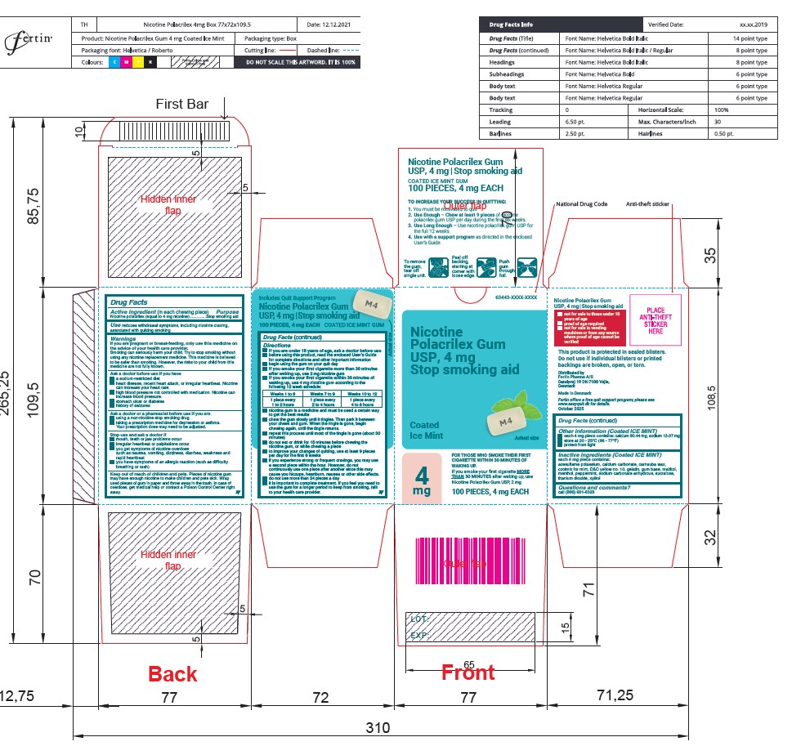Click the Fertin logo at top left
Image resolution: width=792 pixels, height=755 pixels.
click(x=29, y=39)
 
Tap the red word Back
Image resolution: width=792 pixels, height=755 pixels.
click(x=172, y=674)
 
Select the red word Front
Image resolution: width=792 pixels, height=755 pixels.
click(x=468, y=672)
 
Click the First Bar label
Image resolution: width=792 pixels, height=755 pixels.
click(x=182, y=104)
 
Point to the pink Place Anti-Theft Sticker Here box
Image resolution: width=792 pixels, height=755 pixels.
click(x=656, y=321)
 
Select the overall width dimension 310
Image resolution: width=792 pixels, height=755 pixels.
click(x=378, y=727)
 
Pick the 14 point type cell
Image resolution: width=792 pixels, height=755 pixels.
click(x=749, y=38)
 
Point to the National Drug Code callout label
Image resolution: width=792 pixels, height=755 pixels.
click(x=581, y=203)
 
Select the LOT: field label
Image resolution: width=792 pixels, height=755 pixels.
click(x=419, y=619)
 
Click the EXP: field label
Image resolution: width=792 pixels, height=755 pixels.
click(x=419, y=635)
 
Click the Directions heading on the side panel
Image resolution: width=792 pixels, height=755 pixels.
click(x=276, y=345)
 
